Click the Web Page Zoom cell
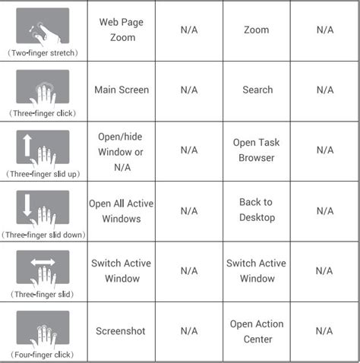pos(121,30)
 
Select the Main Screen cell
pos(121,90)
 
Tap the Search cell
pos(257,90)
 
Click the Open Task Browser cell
pos(257,150)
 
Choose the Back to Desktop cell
pos(257,210)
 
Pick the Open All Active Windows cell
pos(121,210)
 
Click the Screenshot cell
pos(121,331)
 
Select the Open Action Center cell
pos(257,331)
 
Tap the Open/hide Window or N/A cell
pos(121,150)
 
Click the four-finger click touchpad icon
pos(43,327)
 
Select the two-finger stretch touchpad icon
pos(43,25)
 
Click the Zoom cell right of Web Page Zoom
pos(257,30)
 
